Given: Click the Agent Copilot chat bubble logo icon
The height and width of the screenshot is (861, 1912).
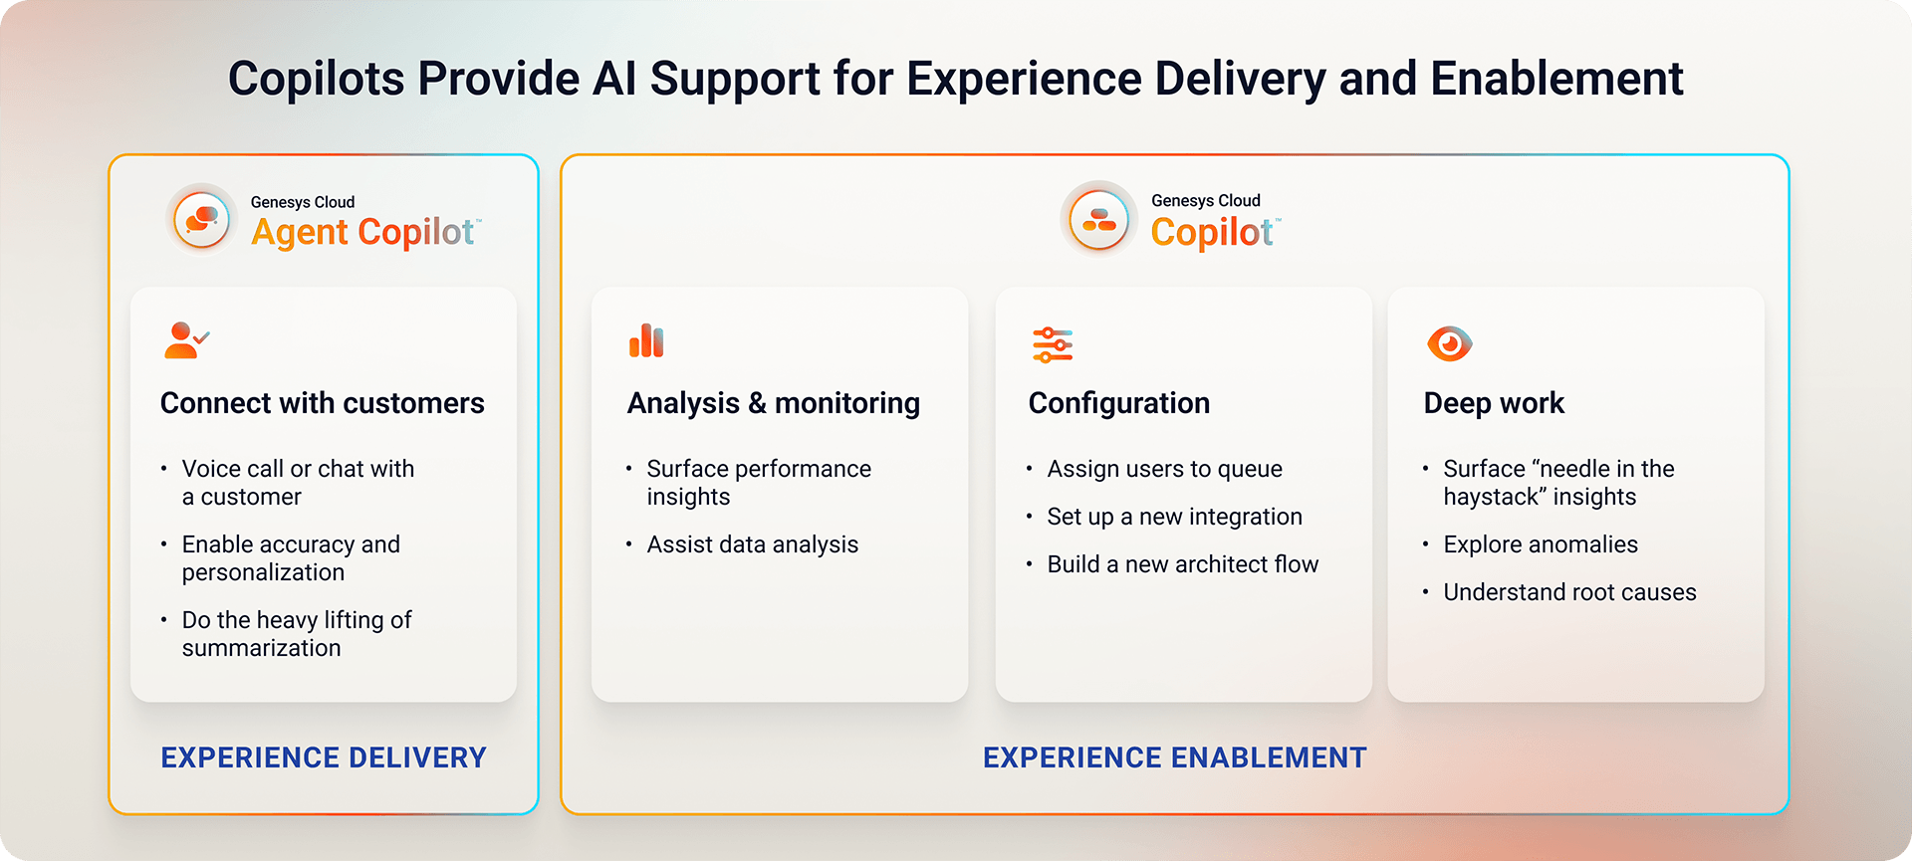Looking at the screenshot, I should click(x=202, y=219).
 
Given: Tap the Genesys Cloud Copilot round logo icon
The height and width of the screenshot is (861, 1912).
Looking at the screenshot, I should click(x=1099, y=219).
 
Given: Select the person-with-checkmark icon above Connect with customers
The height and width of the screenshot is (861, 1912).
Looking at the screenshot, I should click(x=186, y=340).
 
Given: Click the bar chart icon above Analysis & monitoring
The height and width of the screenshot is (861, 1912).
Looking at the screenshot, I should click(x=646, y=340).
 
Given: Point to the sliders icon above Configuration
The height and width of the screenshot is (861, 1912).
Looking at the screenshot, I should click(x=1053, y=344).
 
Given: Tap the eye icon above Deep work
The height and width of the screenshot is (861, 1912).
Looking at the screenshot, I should click(x=1449, y=343).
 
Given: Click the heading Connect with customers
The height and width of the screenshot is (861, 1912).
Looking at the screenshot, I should click(x=322, y=403).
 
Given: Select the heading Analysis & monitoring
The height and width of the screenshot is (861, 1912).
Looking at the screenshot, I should click(x=773, y=403).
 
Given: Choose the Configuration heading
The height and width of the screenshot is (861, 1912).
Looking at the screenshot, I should click(x=1118, y=403).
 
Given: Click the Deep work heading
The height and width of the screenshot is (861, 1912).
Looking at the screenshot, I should click(x=1494, y=403).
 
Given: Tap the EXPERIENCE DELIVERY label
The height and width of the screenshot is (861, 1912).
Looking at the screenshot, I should click(x=324, y=757).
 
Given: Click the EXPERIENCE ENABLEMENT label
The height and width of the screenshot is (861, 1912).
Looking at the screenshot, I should click(x=1174, y=757).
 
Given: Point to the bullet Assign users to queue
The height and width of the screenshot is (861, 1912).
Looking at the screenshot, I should click(x=1164, y=469).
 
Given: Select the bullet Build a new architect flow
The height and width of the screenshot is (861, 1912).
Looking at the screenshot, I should click(x=1182, y=564).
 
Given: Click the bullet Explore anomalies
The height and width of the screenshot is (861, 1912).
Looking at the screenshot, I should click(x=1540, y=544).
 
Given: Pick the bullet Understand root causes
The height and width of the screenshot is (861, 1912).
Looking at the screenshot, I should click(x=1569, y=592).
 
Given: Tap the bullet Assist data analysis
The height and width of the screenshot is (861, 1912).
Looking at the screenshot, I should click(x=752, y=544).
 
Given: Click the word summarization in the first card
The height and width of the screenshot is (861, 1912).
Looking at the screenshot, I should click(x=261, y=648).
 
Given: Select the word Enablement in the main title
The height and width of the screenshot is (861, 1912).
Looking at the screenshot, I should click(x=1556, y=79).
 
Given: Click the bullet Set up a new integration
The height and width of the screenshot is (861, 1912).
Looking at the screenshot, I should click(x=1174, y=517).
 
